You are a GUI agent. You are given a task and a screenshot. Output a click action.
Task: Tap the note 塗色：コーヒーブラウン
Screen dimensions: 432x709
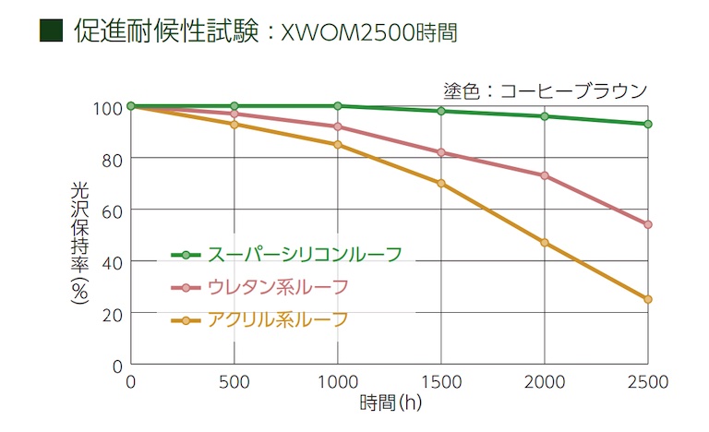click(x=546, y=90)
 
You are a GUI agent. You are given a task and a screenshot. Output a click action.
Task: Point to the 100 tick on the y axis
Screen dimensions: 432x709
click(x=108, y=107)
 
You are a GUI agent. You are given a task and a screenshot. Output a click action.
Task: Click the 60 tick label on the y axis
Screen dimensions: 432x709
click(x=112, y=210)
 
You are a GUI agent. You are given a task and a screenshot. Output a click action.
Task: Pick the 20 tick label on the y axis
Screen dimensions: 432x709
click(x=112, y=314)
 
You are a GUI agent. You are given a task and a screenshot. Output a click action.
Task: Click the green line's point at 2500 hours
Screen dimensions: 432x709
click(x=648, y=124)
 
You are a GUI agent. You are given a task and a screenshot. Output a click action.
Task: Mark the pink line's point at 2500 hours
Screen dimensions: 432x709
click(x=648, y=224)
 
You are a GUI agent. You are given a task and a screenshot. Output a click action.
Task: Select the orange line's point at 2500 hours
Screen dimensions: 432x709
click(x=648, y=299)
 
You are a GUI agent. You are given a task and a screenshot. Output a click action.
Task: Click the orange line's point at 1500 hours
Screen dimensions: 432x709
click(x=441, y=183)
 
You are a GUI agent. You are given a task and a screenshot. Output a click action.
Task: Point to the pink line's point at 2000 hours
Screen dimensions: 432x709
click(x=545, y=175)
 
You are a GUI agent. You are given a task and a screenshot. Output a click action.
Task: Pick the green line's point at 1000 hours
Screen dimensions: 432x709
click(x=338, y=106)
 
